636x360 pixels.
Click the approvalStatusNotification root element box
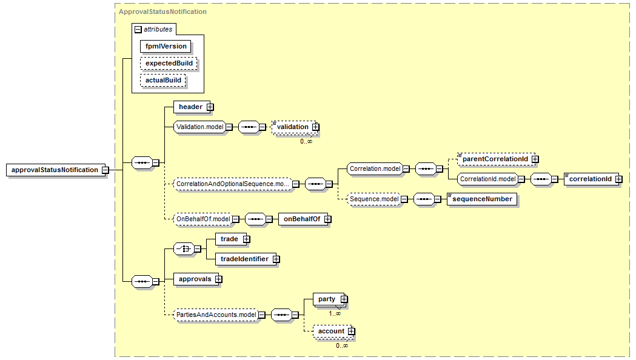click(55, 170)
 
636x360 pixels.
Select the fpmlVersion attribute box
click(166, 46)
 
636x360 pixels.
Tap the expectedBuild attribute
click(169, 63)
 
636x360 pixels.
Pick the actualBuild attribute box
click(163, 80)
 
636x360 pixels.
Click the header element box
click(190, 107)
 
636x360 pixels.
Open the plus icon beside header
click(210, 107)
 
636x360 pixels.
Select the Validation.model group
click(199, 127)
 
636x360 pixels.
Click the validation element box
click(293, 127)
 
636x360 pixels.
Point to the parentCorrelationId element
click(494, 159)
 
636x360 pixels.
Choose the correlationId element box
click(591, 179)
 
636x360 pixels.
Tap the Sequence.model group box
click(374, 199)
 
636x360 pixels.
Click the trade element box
click(229, 239)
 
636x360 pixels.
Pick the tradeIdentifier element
click(244, 259)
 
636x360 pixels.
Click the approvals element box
click(195, 279)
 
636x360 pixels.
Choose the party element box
click(327, 299)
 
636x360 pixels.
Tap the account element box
click(331, 331)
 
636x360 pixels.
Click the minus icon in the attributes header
click(138, 29)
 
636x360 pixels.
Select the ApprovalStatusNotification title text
click(162, 12)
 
